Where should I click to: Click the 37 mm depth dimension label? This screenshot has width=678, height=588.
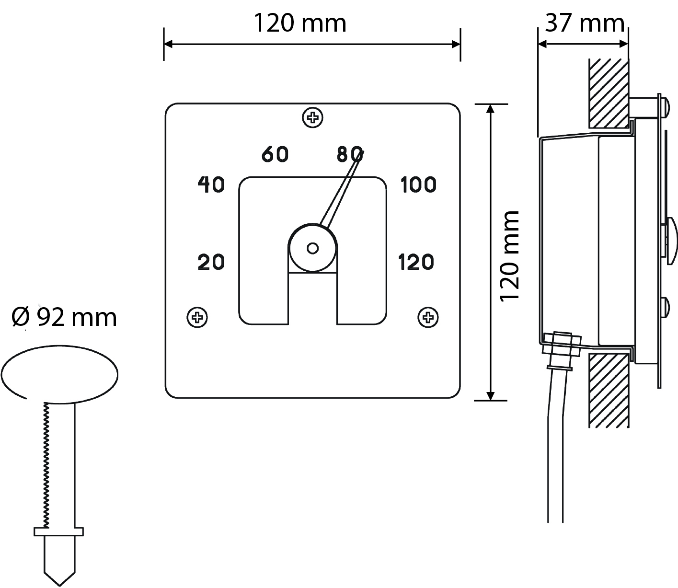coord(585,23)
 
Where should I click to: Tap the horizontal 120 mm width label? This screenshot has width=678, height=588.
coord(299,23)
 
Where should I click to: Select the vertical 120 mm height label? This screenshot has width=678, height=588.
coord(510,255)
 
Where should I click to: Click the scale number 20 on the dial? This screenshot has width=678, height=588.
coord(211,262)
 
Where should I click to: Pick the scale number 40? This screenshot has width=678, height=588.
coord(211,184)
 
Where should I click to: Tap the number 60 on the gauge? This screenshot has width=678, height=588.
coord(276,154)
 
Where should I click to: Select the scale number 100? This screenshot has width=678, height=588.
coord(418,184)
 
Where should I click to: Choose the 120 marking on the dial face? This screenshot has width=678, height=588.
coord(416,262)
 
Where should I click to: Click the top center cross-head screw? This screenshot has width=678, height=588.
coord(313,117)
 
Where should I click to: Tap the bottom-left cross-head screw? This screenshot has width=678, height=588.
coord(197,317)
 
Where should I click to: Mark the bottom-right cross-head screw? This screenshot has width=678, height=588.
coord(428,317)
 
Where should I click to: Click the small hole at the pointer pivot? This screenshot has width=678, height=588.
coord(313,248)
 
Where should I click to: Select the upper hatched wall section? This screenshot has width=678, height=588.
coord(609,93)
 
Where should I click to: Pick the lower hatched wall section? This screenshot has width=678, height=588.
coord(609,391)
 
